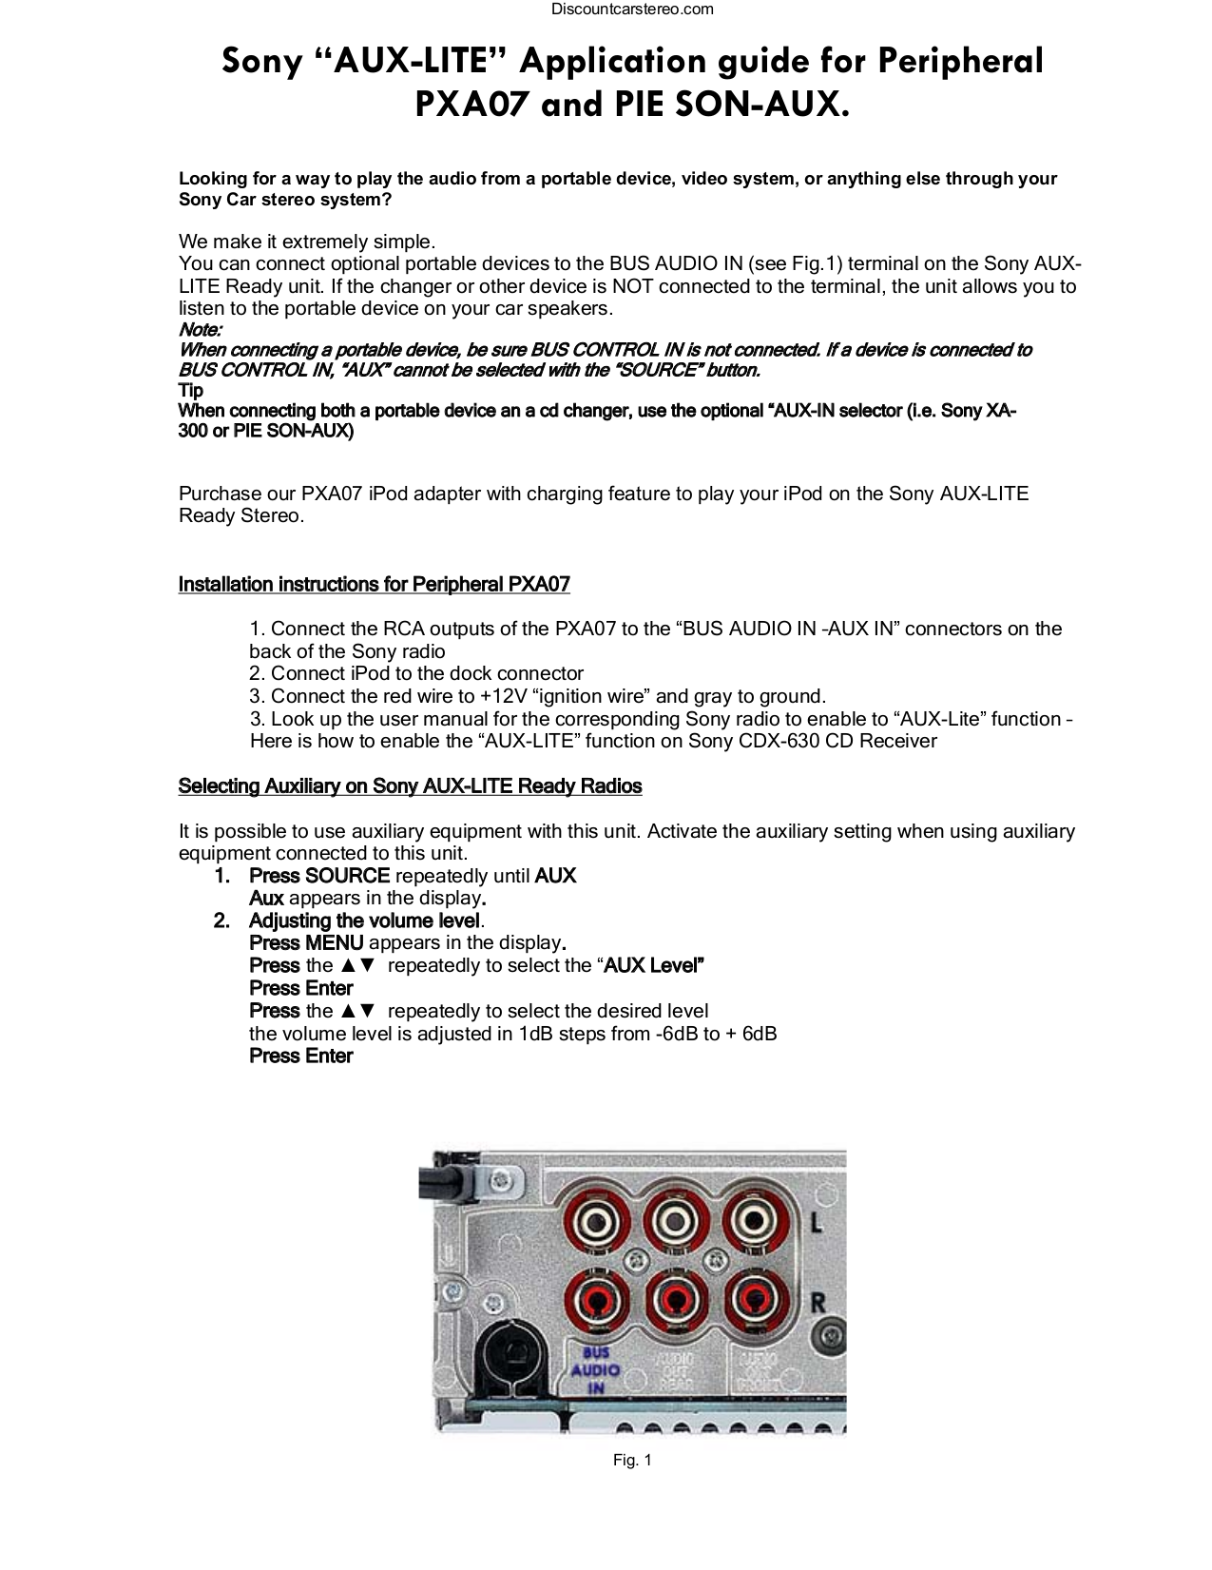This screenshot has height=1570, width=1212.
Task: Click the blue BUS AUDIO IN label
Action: coord(595,1369)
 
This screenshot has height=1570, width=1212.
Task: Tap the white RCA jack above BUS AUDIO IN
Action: coord(597,1223)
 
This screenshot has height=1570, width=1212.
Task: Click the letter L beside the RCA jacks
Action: coord(816,1223)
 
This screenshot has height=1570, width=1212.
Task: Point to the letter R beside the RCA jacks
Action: coord(818,1301)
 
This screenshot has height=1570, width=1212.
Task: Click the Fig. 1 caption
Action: coord(632,1461)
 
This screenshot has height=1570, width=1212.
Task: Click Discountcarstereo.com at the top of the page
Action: coord(632,10)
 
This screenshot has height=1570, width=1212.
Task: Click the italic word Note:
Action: coord(201,330)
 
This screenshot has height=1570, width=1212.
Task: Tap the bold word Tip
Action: coord(191,390)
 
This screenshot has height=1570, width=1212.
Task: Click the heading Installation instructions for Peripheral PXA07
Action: coord(374,584)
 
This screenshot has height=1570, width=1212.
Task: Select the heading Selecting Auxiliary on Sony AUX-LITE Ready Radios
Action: coord(410,786)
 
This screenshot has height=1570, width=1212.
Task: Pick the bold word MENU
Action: coord(334,943)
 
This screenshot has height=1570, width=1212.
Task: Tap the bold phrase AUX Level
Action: coord(653,966)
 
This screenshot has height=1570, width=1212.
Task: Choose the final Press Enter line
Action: coord(300,1056)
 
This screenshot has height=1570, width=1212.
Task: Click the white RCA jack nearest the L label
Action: coord(755,1223)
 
